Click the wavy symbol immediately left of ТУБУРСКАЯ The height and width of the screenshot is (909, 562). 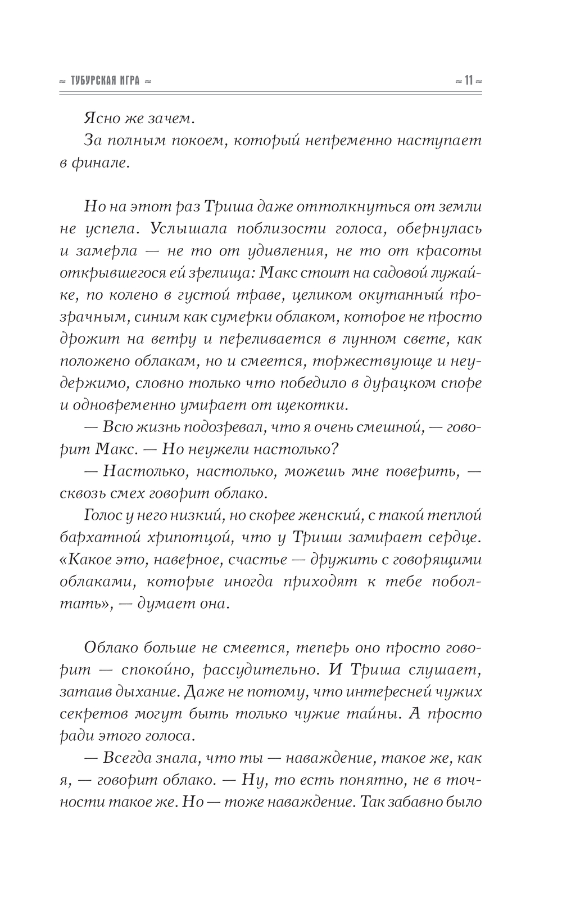[x=62, y=82]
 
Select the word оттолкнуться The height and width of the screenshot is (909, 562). [x=323, y=206]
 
